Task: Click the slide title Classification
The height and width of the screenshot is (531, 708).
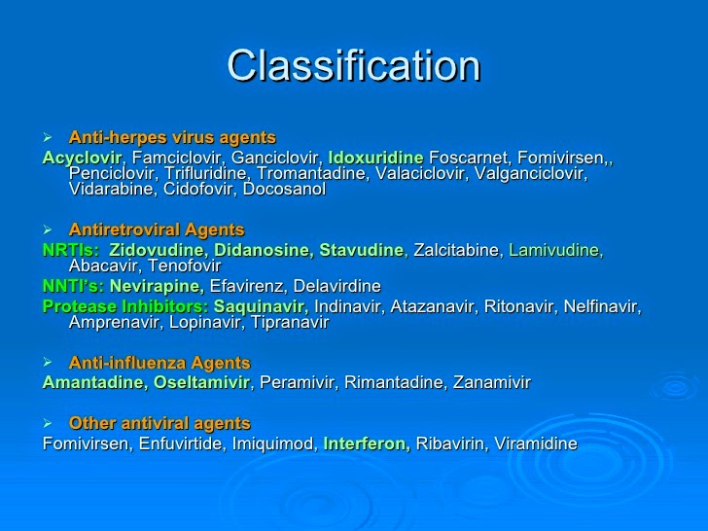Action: point(353,66)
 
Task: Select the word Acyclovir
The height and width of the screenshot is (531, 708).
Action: point(82,157)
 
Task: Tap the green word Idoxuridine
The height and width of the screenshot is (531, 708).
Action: point(375,157)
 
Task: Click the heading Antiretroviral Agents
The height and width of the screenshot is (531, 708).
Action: point(157,230)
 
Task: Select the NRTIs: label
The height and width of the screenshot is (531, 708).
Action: point(70,250)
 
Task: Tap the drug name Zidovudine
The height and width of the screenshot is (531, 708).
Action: point(154,250)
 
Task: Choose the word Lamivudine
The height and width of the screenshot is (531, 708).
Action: point(555,250)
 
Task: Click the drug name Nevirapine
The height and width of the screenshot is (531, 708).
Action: point(156,287)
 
